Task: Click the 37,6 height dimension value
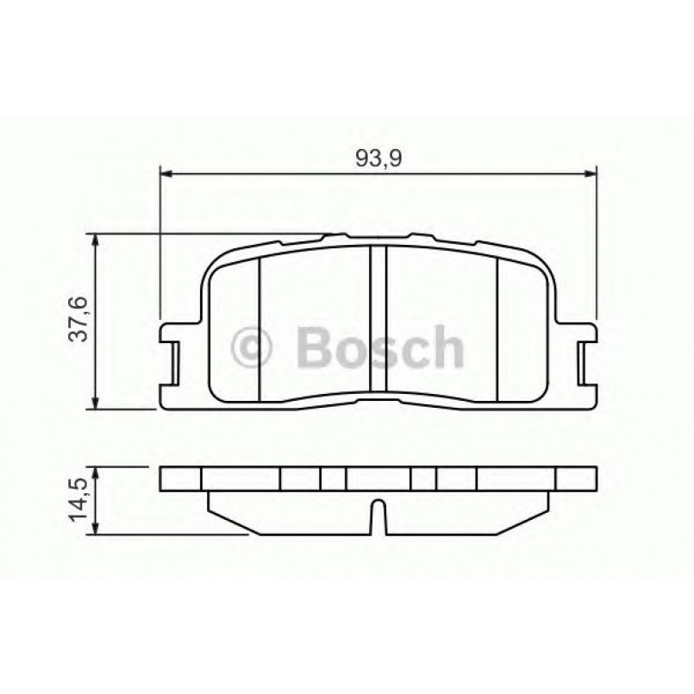point(78,320)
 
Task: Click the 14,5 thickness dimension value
point(78,499)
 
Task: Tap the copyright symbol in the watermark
point(253,347)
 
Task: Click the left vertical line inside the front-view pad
point(259,328)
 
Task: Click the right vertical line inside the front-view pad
point(497,328)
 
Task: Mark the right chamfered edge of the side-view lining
point(534,510)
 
